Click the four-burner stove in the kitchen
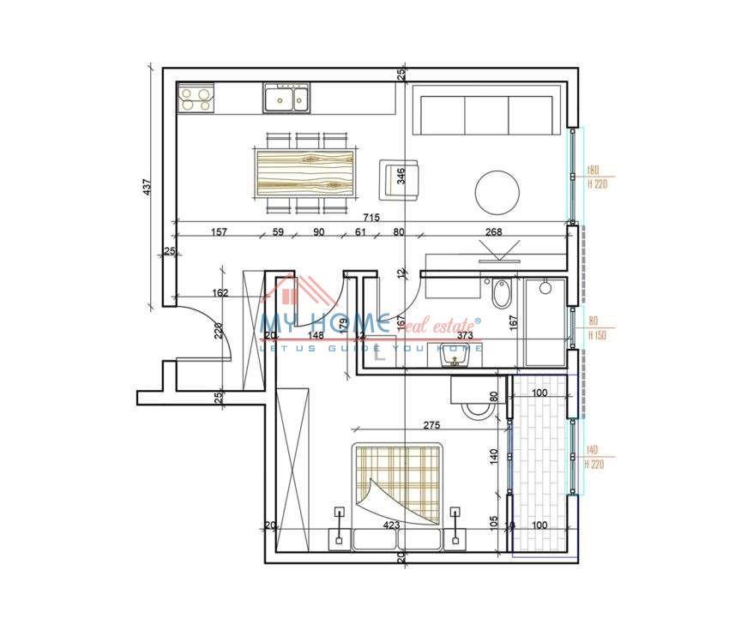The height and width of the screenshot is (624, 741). point(196,100)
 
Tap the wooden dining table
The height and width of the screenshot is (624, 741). point(305,169)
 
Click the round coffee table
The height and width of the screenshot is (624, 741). point(497,193)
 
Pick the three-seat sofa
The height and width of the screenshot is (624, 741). point(485,114)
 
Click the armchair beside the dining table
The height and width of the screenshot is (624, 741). point(401,177)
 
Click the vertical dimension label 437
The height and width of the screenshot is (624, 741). point(147,188)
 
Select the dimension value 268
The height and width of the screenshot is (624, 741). point(493,232)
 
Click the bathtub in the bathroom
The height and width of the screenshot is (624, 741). point(546,321)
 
